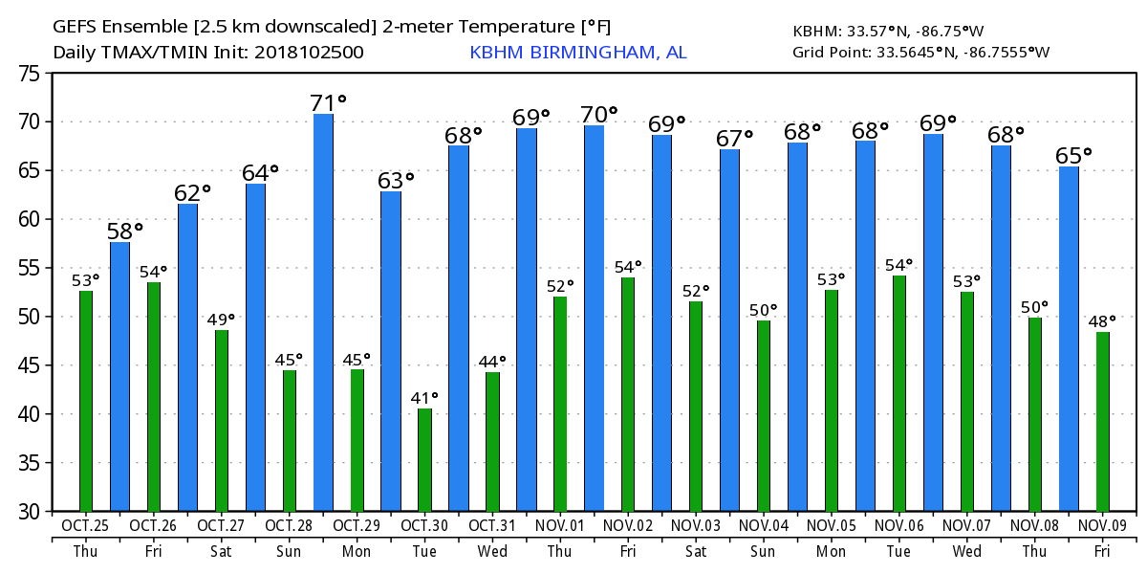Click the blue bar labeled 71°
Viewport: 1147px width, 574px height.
[323, 313]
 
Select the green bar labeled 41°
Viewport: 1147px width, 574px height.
[424, 460]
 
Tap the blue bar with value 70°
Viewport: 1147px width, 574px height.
[594, 319]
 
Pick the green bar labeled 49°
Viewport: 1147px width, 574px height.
[222, 421]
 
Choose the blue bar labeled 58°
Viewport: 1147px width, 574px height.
[119, 377]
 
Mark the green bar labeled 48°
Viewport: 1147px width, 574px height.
[1103, 422]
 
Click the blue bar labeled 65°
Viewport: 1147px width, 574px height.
[1069, 339]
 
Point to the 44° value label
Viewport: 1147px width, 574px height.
[492, 362]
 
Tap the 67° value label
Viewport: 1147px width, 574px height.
[733, 139]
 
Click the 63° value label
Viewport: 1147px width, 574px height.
[395, 180]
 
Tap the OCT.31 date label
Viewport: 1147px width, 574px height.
[492, 526]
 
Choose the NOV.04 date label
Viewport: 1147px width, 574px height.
[763, 526]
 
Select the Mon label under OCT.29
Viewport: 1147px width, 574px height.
[357, 552]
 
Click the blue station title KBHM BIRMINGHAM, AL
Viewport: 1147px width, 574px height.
[577, 53]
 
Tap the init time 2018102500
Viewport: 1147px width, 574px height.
[308, 53]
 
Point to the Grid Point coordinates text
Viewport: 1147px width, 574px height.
[920, 53]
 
